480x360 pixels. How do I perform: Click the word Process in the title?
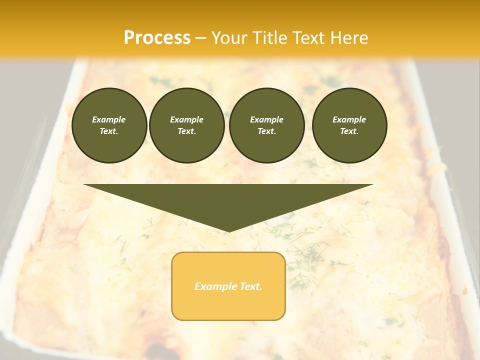(157, 38)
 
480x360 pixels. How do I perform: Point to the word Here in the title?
(349, 38)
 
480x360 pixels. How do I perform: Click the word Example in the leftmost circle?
(109, 119)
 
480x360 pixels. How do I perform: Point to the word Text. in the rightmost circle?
(349, 131)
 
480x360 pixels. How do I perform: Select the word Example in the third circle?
(267, 119)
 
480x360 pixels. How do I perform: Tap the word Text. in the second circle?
(187, 131)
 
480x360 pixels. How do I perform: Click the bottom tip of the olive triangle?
(228, 231)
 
